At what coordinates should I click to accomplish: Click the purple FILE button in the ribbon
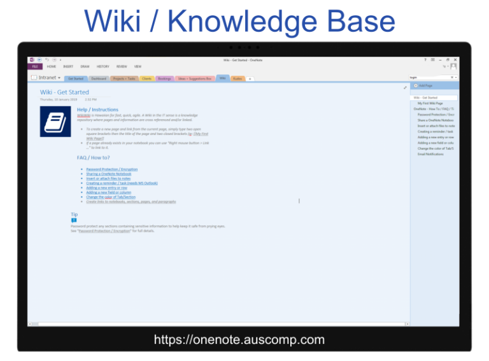tap(35, 66)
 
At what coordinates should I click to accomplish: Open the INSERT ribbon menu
tap(68, 66)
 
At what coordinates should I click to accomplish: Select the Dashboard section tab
tap(99, 78)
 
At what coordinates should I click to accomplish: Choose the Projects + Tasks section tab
tap(124, 78)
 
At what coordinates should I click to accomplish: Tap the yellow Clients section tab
tap(146, 78)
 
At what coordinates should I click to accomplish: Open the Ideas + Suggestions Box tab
tap(195, 78)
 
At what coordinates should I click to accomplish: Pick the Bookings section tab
tap(164, 78)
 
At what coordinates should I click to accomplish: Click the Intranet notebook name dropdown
tap(50, 78)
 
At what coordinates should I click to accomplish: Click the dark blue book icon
tap(55, 121)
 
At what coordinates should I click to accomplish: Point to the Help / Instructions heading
tap(97, 110)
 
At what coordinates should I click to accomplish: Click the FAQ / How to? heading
tap(93, 157)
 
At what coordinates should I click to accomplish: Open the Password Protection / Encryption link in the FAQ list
tap(111, 169)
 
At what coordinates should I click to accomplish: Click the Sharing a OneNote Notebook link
tap(109, 174)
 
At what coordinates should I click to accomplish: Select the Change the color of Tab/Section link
tap(111, 197)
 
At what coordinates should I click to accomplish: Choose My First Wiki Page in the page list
tap(430, 103)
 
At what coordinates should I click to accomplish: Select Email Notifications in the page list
tap(430, 154)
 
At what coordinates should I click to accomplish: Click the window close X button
tap(455, 60)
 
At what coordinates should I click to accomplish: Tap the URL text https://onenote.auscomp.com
tap(239, 340)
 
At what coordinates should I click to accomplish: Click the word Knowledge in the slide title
tap(244, 22)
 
